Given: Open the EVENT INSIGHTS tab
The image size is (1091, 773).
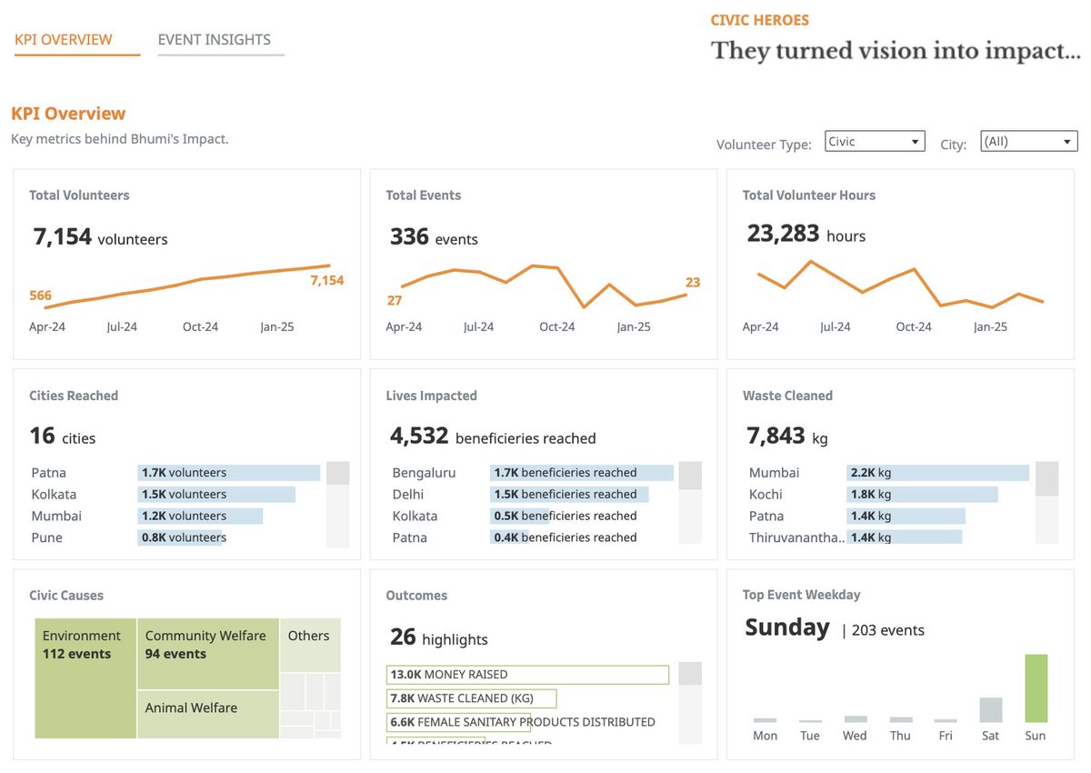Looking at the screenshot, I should click(x=214, y=40).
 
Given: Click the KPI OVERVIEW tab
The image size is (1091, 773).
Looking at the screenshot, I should click(x=64, y=40).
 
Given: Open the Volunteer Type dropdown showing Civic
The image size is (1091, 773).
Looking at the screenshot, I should click(x=875, y=142).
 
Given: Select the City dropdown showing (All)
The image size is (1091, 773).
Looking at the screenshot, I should click(x=1028, y=142).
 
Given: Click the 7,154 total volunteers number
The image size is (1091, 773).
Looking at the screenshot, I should click(x=63, y=237).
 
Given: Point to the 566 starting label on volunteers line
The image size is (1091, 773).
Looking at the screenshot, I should click(x=40, y=296).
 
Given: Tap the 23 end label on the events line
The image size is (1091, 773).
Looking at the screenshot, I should click(x=693, y=283).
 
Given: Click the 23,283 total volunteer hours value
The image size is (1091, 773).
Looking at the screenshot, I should click(x=783, y=234).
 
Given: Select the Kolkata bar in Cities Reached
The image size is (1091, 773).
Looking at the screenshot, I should click(x=216, y=495).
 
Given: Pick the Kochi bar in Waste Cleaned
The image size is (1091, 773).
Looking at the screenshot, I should click(x=922, y=495).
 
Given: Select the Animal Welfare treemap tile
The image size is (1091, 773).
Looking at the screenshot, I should click(x=208, y=714).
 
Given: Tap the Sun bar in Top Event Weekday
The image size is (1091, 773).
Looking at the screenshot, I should click(x=1036, y=688).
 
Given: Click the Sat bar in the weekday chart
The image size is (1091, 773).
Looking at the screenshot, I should click(x=990, y=709).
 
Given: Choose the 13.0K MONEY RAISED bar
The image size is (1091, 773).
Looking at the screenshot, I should click(x=527, y=675).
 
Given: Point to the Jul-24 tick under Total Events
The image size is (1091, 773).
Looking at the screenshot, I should click(x=478, y=327).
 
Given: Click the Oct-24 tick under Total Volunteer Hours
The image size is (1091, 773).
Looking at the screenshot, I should click(x=913, y=327).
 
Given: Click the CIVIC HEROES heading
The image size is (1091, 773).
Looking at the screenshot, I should click(x=759, y=20).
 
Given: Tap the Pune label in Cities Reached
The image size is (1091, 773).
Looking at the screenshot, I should click(x=47, y=537).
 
